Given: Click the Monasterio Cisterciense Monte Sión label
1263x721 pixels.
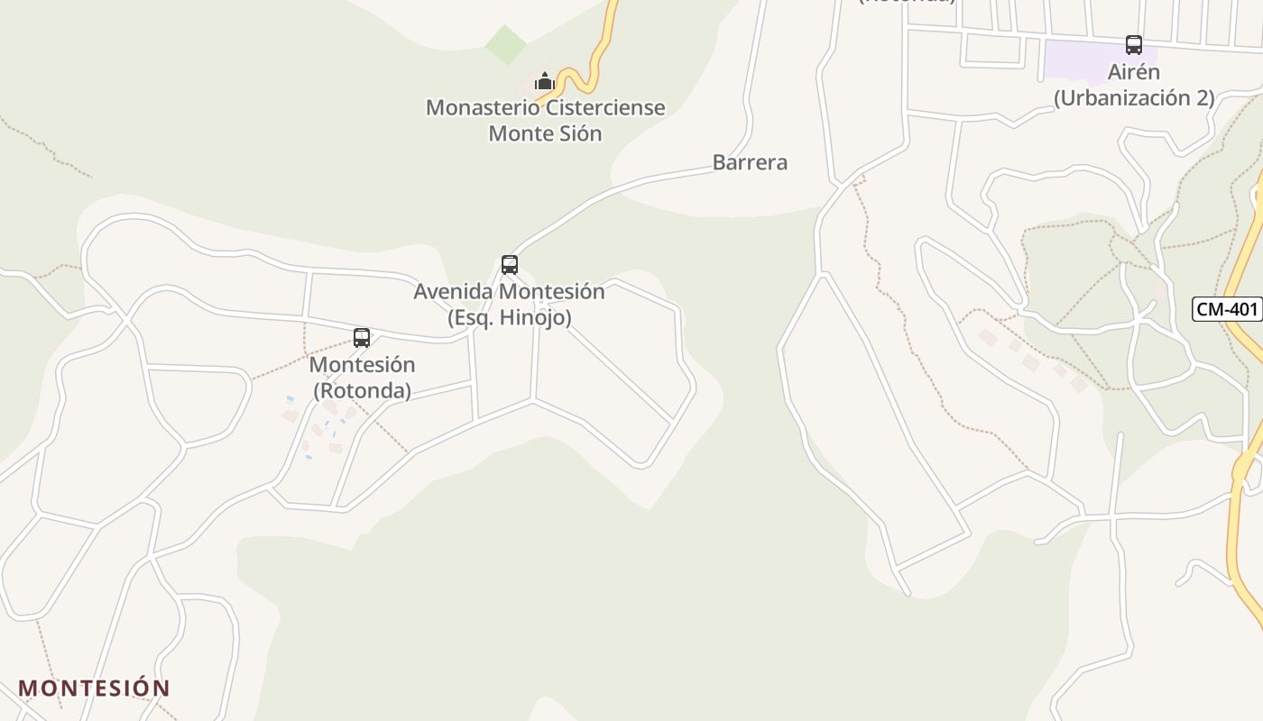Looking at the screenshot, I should click(545, 120).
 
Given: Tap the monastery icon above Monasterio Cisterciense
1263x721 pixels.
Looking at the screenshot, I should click(544, 82).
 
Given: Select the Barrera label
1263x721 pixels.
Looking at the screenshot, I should click(750, 162).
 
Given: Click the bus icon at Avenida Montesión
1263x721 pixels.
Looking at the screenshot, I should click(510, 264).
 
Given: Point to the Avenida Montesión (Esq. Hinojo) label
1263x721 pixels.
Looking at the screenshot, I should click(509, 305).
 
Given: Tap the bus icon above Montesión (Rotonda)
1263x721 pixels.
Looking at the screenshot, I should click(362, 338).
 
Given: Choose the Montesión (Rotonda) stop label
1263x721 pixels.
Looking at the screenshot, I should click(362, 378).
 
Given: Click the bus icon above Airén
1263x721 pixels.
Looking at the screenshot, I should click(1134, 45).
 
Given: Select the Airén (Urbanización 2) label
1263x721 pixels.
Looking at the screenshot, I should click(1134, 85).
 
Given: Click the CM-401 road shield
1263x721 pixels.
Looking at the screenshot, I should click(1226, 309).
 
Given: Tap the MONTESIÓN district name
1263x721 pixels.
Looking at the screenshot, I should click(94, 688).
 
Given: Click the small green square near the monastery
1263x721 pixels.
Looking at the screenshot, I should click(506, 44).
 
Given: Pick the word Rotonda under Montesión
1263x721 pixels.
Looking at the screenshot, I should click(362, 390).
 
